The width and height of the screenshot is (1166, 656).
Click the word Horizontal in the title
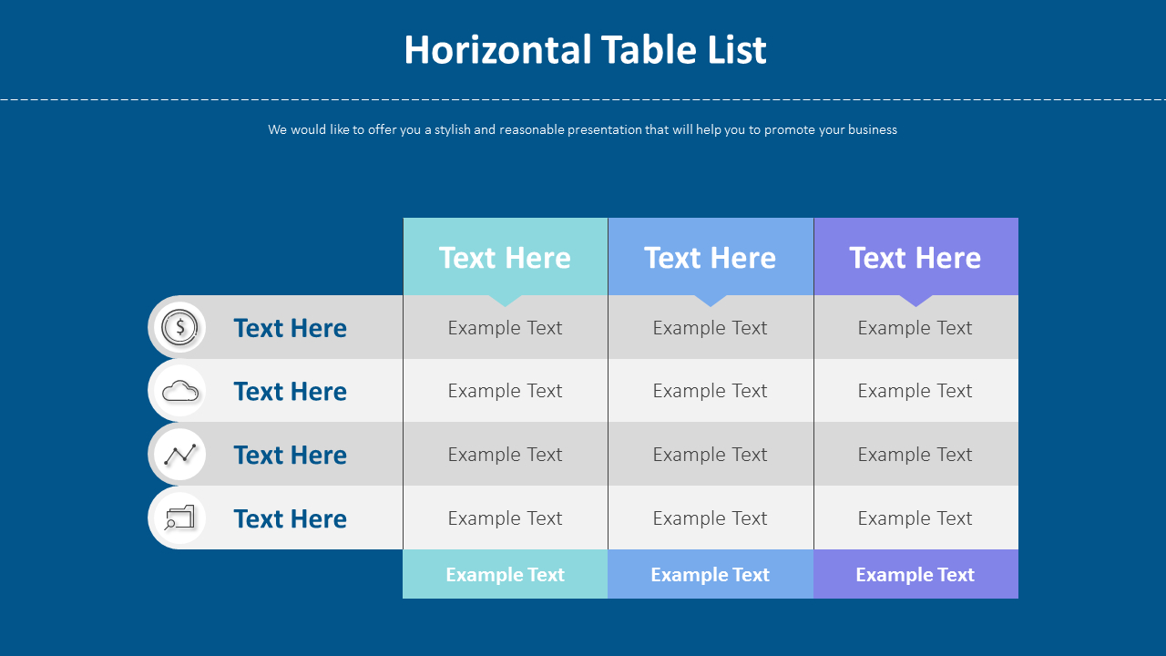coord(498,50)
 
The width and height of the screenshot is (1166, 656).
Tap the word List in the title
coord(737,50)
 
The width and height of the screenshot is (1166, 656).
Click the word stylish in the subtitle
coord(453,129)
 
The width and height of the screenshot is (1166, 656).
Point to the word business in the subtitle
coord(873,129)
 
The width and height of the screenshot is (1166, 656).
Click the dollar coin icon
coord(179,327)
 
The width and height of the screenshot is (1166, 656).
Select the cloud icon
coord(180,391)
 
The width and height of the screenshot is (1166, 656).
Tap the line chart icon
coord(180,455)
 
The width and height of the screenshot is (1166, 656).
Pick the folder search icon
coord(179,518)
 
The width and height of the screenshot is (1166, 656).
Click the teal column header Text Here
coord(505,258)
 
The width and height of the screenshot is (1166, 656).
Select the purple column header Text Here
coord(915,258)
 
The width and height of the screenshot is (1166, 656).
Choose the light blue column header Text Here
coord(710,258)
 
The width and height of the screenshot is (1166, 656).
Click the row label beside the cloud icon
coord(290,392)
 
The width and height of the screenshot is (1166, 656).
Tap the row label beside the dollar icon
coord(290,328)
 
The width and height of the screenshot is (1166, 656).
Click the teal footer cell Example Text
coord(505,574)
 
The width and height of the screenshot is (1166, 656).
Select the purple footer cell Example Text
coord(915,574)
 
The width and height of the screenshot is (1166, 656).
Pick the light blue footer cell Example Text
coord(710,574)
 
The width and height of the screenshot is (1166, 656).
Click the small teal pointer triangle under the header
coord(505,300)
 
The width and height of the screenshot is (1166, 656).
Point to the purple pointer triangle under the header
coord(915,300)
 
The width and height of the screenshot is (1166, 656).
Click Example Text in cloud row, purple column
coord(915,391)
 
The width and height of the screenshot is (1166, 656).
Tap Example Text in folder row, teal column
coord(505,518)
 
